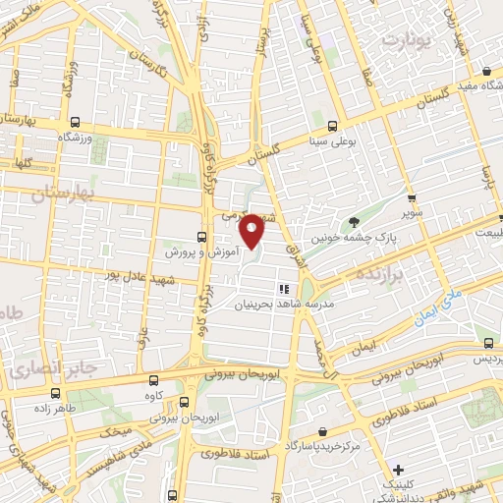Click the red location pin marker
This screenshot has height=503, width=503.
point(251,232)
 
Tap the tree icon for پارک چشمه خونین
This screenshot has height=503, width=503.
point(353,220)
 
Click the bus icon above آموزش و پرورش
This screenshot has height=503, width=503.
point(201,237)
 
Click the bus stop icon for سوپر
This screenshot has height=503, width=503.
point(412,196)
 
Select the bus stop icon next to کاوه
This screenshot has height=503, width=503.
point(150,379)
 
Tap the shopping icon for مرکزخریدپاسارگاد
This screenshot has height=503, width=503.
point(323,430)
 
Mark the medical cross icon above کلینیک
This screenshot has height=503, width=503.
point(398,469)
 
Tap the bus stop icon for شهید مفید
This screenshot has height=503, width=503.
point(487,70)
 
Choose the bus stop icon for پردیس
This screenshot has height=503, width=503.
point(489,343)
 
